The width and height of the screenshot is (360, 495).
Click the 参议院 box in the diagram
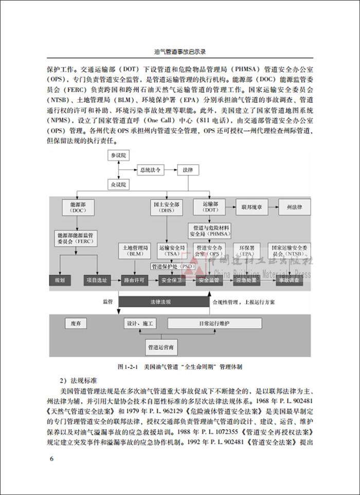click(119, 155)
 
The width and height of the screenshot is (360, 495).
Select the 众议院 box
click(119, 184)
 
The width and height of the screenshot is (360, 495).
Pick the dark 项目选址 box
click(98, 280)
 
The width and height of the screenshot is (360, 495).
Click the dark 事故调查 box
click(288, 280)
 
